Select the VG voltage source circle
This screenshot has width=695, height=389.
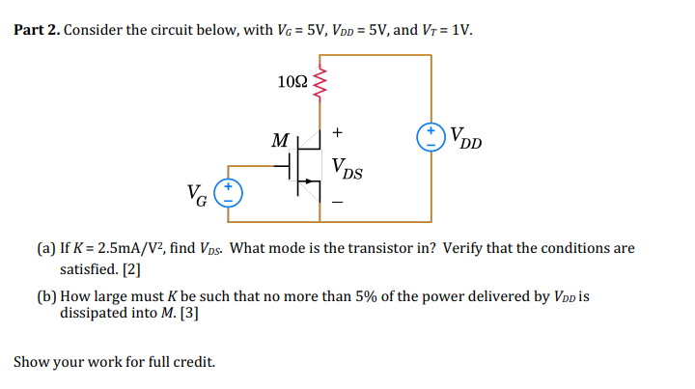pos(228,192)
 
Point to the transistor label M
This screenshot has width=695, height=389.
pos(279,143)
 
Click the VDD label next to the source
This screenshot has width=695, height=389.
pos(466,139)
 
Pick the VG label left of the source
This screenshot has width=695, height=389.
pos(196,197)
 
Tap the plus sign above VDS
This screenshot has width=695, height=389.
pos(337,131)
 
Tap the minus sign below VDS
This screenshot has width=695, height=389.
pos(337,204)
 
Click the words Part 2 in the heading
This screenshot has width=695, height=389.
pos(36,30)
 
